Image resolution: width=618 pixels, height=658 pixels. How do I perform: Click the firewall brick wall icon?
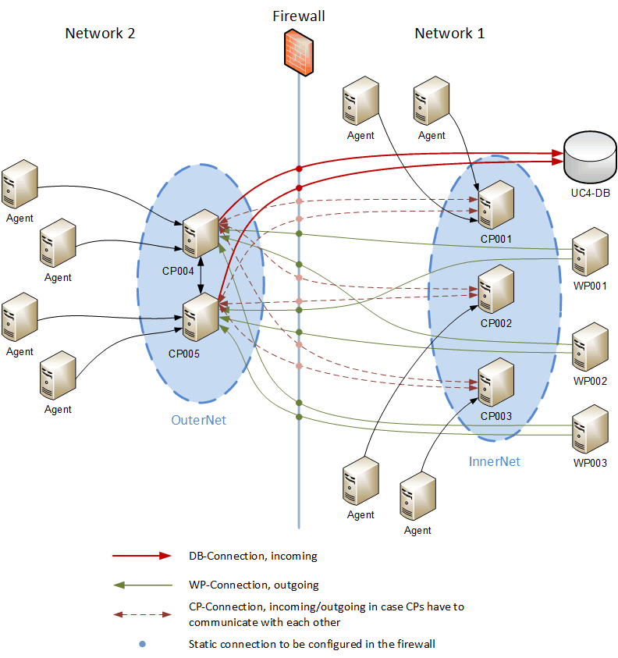[299, 53]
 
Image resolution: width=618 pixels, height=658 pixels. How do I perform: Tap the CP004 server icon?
[201, 233]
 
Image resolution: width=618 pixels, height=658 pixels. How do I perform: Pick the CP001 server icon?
[496, 205]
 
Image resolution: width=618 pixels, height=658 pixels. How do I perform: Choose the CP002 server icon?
[496, 290]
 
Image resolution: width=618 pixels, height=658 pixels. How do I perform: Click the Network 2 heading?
[100, 34]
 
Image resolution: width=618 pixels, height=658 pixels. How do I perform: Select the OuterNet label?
[198, 420]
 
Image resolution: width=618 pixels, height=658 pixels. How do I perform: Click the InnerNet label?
[494, 461]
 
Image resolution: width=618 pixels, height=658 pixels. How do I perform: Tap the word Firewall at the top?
[299, 16]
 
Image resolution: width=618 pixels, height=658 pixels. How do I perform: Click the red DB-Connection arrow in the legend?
[141, 556]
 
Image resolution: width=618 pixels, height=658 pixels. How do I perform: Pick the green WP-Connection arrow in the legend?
[141, 584]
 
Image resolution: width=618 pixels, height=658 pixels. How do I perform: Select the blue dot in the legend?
[142, 644]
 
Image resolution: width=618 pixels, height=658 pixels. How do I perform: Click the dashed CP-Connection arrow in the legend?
[141, 614]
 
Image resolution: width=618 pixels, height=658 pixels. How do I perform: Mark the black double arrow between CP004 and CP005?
[201, 277]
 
